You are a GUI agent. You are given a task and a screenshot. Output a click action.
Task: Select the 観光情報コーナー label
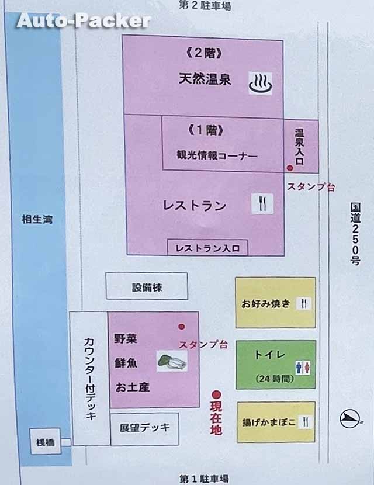pos(217,156)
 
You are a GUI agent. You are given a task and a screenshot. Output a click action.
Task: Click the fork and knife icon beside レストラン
pos(262,203)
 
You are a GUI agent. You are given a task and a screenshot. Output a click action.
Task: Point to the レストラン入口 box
pos(207,248)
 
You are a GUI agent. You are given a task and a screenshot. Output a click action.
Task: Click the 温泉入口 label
pos(300,147)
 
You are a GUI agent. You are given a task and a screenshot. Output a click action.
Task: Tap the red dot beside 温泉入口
pos(289,168)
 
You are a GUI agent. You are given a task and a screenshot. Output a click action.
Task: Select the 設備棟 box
pos(146,287)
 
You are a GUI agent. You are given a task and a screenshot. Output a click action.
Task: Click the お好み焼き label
pos(265,304)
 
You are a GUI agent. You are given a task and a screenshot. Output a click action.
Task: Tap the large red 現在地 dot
pos(217,394)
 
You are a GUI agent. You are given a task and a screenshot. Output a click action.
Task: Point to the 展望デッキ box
pos(144,427)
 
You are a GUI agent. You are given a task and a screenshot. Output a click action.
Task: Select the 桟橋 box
pos(44,442)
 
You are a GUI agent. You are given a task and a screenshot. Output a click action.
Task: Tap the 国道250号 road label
pos(355,234)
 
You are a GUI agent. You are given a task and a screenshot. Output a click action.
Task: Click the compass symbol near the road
pos(350,418)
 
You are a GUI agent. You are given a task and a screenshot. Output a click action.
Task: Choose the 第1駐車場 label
pos(203,479)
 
